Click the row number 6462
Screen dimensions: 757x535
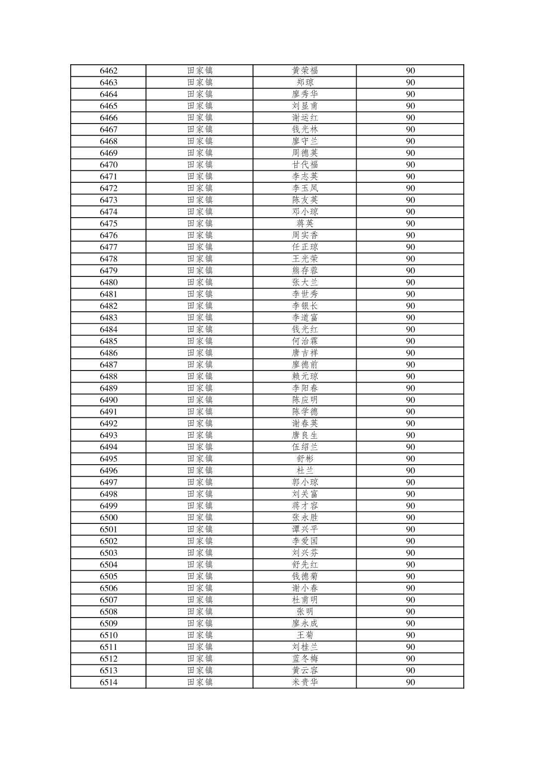pos(109,71)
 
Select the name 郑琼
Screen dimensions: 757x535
pos(305,83)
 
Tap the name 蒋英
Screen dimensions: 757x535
pos(305,224)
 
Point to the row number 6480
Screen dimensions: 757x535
pos(109,282)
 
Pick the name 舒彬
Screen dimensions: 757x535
pos(305,459)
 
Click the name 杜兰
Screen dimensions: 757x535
pos(305,471)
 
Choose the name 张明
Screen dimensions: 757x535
pos(305,612)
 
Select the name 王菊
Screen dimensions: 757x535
pos(305,635)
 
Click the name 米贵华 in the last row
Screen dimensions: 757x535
pos(305,682)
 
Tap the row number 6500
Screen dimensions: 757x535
pos(109,517)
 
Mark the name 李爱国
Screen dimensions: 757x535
pos(305,541)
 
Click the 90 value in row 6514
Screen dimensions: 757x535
pos(410,682)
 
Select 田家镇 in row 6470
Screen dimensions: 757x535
pos(200,165)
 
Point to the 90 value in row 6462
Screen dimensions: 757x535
pos(410,71)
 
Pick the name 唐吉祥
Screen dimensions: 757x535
pos(305,353)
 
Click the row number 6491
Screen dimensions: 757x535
pos(109,412)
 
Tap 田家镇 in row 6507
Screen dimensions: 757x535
pos(200,600)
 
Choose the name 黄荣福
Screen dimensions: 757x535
pos(305,71)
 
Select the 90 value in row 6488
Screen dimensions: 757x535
pos(410,377)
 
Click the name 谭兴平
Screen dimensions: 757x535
pos(305,529)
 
